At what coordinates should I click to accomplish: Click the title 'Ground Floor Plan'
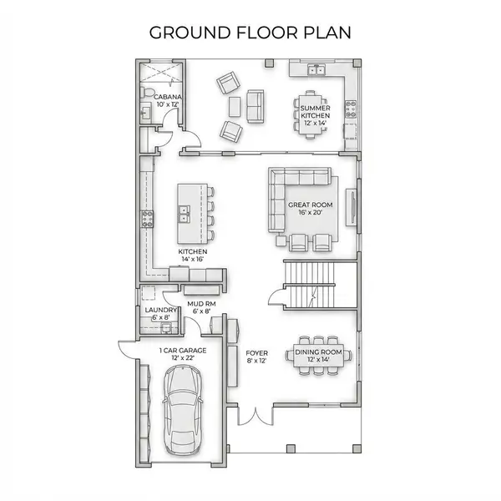pos(250,33)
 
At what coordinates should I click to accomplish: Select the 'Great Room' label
pos(311,208)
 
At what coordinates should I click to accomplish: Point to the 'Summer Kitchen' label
pos(315,115)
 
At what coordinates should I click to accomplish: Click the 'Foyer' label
pos(256,357)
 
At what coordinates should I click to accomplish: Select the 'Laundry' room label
pos(155,314)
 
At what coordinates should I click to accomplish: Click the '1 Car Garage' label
pos(182,354)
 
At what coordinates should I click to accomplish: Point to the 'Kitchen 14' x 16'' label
pos(192,256)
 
